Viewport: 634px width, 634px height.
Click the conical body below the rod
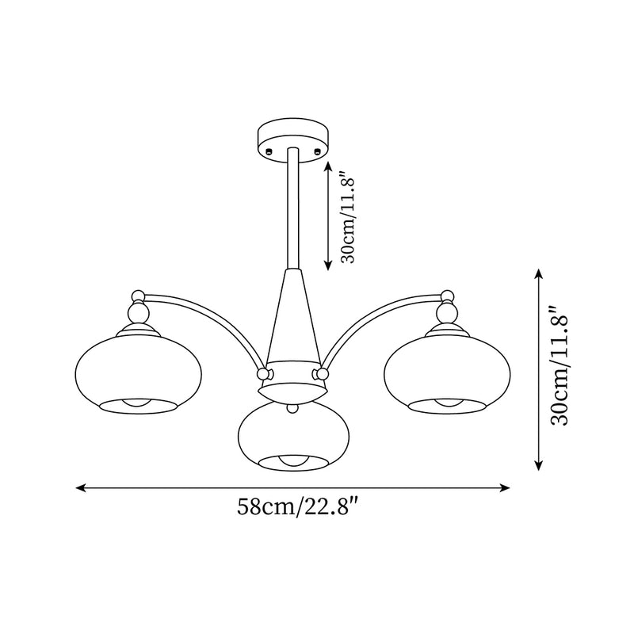(x=292, y=317)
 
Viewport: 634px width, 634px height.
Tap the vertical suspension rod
(x=293, y=210)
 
